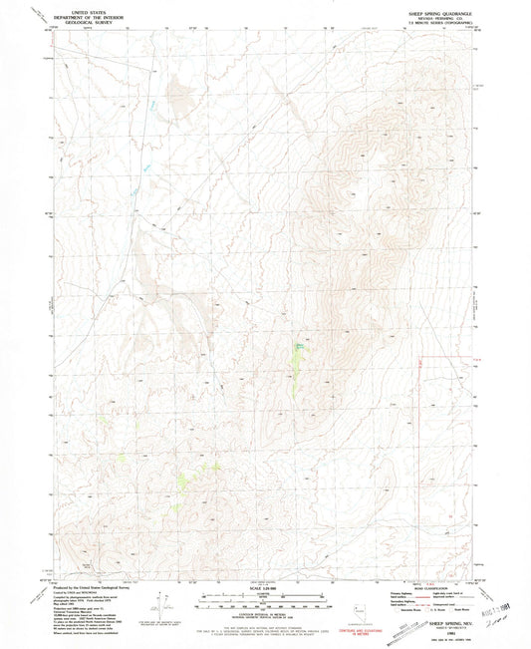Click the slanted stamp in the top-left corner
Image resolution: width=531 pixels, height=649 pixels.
[x=37, y=12]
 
